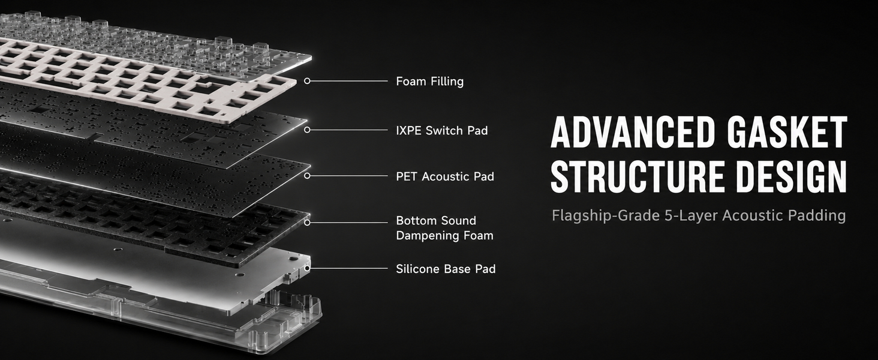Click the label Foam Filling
point(429,82)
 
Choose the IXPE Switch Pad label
point(442,130)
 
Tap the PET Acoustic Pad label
point(445,176)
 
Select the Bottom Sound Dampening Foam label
point(444,228)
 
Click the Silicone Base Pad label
point(446,269)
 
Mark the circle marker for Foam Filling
point(307,81)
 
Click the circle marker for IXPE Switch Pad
point(307,130)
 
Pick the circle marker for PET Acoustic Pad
point(307,176)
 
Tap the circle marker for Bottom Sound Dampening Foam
point(307,223)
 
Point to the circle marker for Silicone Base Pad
point(307,269)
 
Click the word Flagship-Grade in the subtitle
point(606,215)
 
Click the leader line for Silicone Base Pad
point(349,269)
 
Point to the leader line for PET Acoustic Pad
point(349,176)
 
